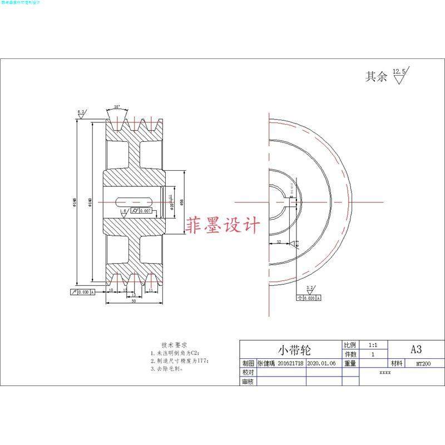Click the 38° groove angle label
[116, 107]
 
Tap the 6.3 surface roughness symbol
[81, 113]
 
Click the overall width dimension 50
[134, 301]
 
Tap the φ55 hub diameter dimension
[182, 201]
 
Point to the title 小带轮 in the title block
[294, 350]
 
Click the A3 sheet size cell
[416, 349]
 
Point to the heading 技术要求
[174, 345]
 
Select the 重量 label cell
[350, 363]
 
